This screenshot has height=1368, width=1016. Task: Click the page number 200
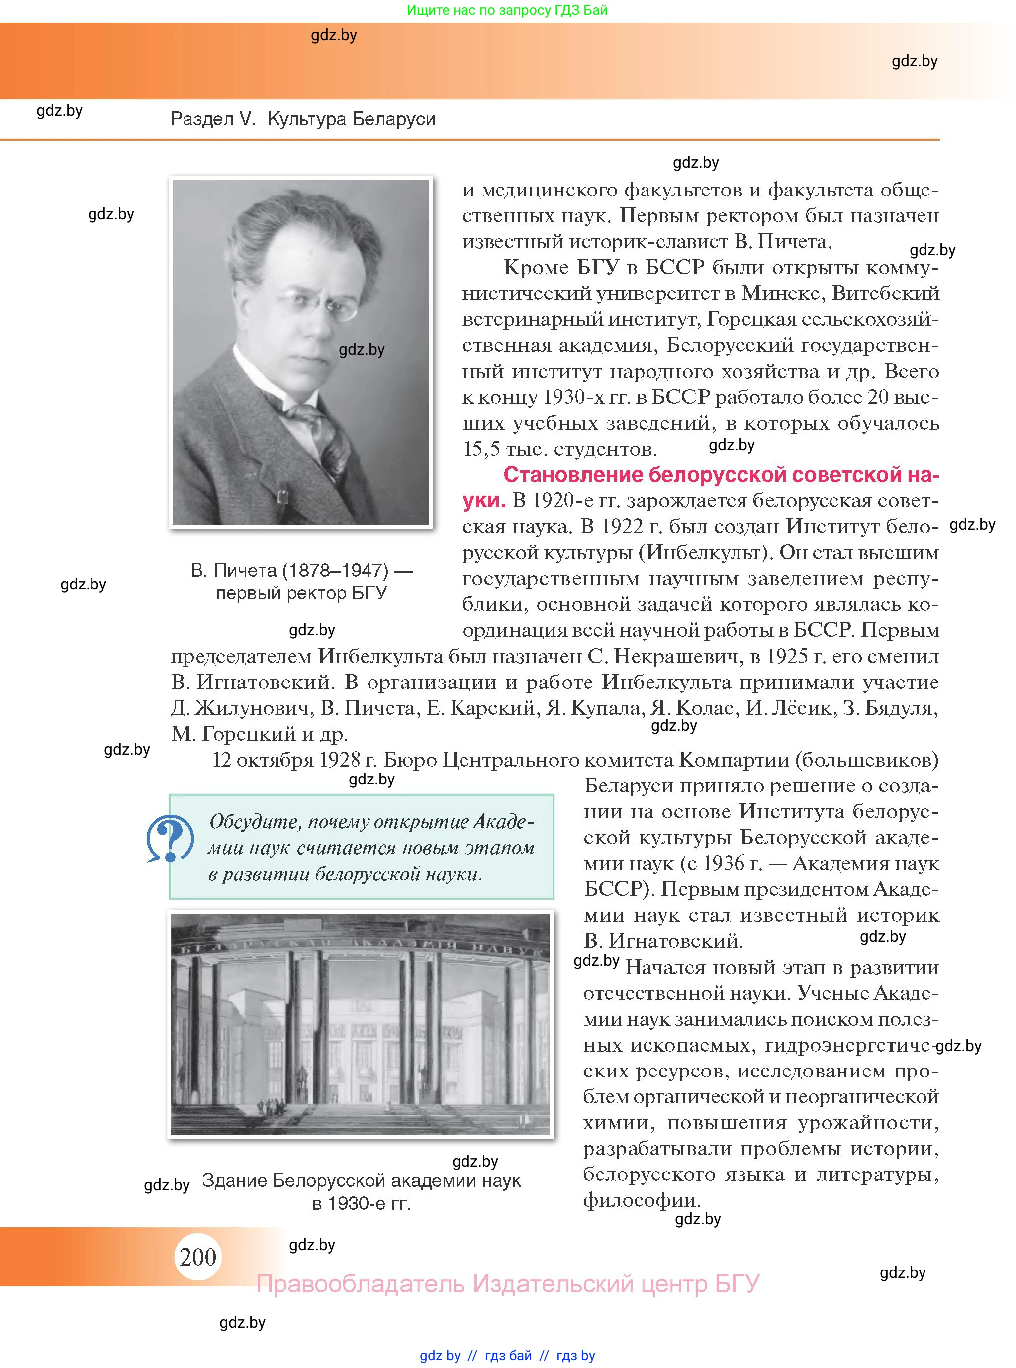pos(197,1256)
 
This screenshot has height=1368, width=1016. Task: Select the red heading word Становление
pos(573,475)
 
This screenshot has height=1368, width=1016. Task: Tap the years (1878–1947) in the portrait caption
pos(335,570)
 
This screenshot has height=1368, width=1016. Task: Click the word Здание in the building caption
pos(234,1180)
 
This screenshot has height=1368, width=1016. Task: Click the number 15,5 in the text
pos(481,449)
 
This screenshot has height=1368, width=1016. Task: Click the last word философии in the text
pos(642,1200)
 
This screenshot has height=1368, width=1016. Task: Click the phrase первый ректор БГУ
pos(301,593)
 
